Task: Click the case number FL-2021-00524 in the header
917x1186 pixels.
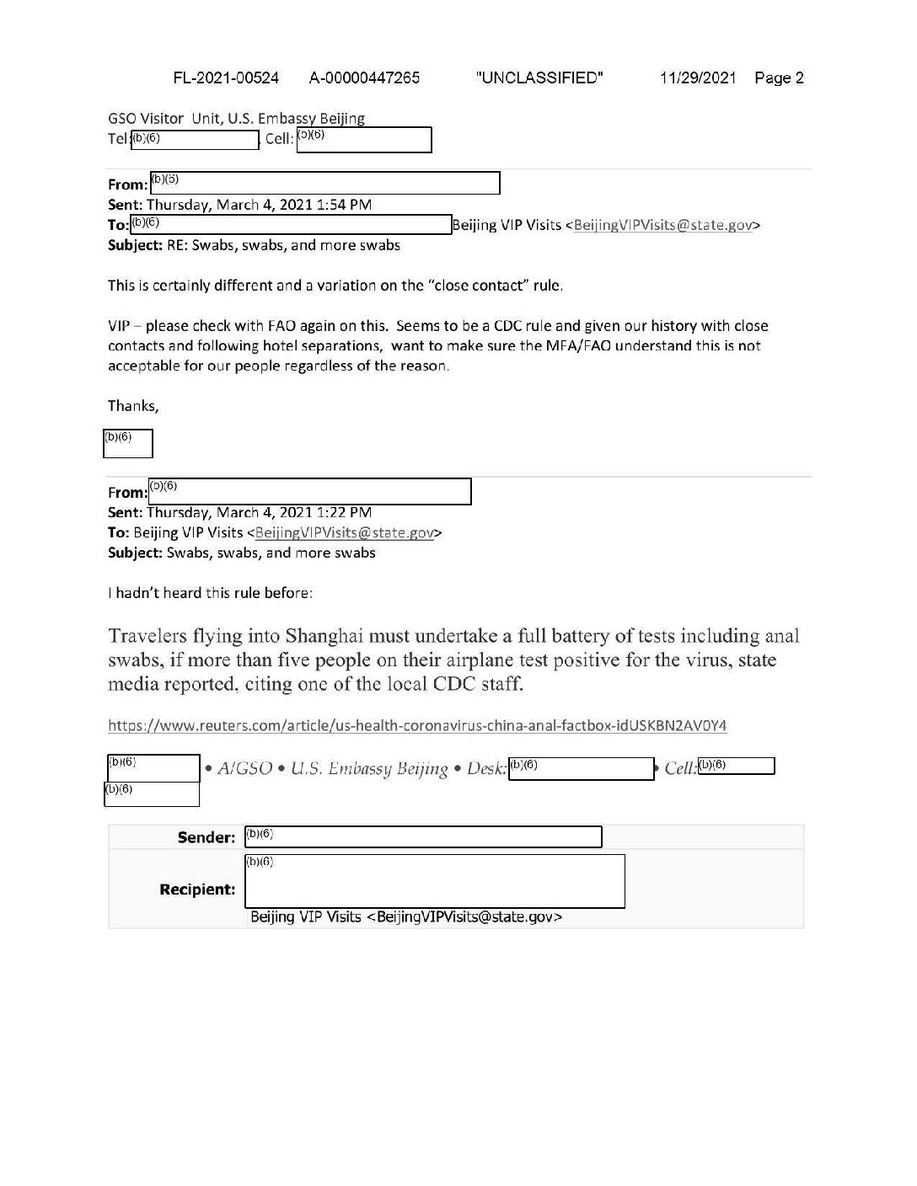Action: [226, 78]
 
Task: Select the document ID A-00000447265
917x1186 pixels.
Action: [364, 78]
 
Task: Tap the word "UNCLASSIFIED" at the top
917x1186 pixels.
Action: [539, 78]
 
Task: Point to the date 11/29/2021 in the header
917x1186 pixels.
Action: [698, 78]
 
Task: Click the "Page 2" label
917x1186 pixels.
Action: [779, 78]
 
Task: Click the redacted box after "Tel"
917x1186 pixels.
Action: [195, 140]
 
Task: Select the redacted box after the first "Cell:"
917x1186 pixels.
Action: [364, 139]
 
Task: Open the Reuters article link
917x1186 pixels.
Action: [417, 725]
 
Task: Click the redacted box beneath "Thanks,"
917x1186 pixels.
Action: [128, 443]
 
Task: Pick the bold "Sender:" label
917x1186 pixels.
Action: [206, 837]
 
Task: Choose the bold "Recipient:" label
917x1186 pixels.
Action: [197, 889]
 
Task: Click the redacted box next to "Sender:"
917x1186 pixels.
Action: [423, 836]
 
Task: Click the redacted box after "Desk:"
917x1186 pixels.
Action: [582, 768]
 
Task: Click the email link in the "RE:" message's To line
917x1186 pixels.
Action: [662, 225]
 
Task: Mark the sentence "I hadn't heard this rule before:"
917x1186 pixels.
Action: [211, 593]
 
